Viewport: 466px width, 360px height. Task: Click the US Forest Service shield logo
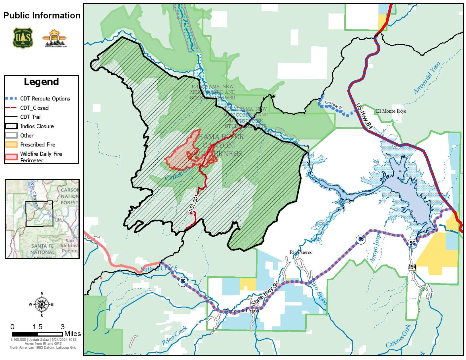coord(23,38)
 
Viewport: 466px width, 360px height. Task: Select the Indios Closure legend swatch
coord(11,126)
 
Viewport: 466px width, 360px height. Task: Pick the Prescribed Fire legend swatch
coord(11,144)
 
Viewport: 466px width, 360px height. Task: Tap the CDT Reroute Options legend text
coord(45,99)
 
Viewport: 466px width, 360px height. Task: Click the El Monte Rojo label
coord(391,111)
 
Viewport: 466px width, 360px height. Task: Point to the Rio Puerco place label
coord(301,252)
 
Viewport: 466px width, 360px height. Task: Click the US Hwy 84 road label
coord(364,116)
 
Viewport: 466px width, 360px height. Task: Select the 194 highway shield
coord(412,267)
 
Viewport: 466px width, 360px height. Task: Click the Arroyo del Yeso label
coord(427,78)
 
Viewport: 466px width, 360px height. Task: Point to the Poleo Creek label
coord(174,336)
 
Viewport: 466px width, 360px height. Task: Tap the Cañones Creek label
coord(398,336)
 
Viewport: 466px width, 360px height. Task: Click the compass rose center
coord(42,304)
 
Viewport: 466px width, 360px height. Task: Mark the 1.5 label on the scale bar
coord(37,327)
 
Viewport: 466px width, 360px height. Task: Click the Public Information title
coord(42,15)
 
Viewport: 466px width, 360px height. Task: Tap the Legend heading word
coord(41,82)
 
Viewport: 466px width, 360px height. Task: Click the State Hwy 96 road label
coord(265,294)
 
